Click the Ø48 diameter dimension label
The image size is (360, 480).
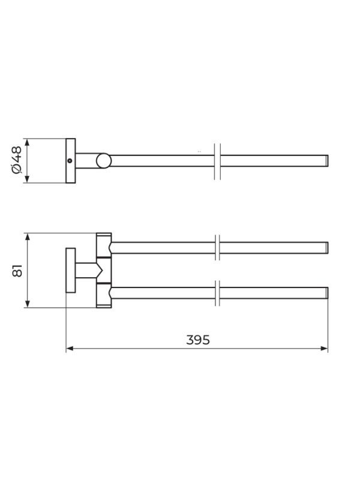click(17, 160)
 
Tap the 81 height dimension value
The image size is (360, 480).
click(17, 271)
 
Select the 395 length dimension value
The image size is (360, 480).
click(198, 340)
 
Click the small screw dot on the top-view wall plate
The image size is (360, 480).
click(70, 160)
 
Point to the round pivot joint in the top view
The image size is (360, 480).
click(103, 161)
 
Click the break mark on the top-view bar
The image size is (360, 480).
click(217, 161)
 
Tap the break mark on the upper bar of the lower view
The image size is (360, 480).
click(217, 248)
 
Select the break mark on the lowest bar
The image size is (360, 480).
click(217, 293)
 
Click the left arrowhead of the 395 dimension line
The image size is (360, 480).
click(70, 349)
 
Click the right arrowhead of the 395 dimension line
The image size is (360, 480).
click(324, 349)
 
